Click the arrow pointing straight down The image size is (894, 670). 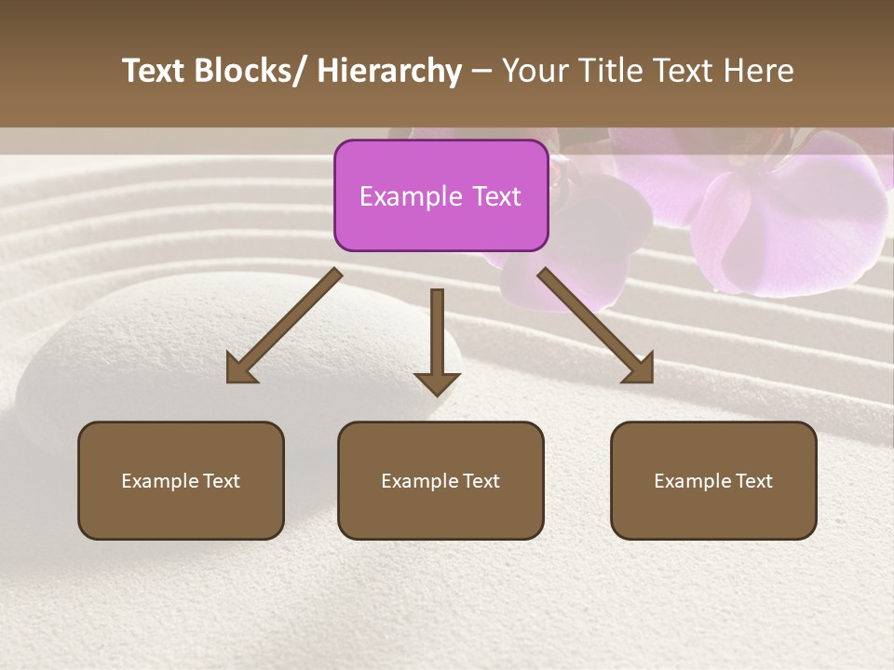[x=437, y=344]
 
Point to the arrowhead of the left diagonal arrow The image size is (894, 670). [x=238, y=370]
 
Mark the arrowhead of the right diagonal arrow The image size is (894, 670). [x=641, y=370]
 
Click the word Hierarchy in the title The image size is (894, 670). [x=389, y=71]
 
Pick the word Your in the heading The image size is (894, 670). [x=535, y=71]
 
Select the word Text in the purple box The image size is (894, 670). [x=496, y=196]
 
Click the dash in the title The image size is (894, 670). [x=481, y=71]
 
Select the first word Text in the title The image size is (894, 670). [x=155, y=71]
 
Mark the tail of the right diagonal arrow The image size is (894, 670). [x=546, y=275]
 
